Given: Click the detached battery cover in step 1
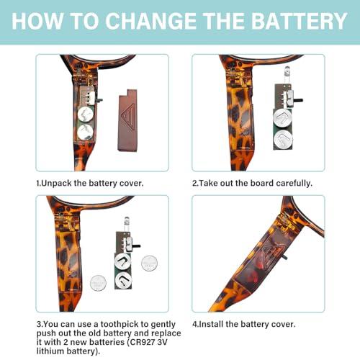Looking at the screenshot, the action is [127, 120].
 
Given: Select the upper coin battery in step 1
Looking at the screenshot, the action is [86, 114].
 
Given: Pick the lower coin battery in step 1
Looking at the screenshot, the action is [86, 132].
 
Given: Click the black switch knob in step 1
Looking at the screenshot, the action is [99, 99].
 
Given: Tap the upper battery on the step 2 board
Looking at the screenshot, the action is [283, 118].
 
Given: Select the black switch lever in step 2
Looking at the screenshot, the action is [298, 100].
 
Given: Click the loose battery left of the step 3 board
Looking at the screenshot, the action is [98, 283].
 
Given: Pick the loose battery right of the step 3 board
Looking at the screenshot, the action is [149, 264].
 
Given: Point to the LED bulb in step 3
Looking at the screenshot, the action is [127, 220].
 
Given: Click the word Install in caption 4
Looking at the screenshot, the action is [211, 324].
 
